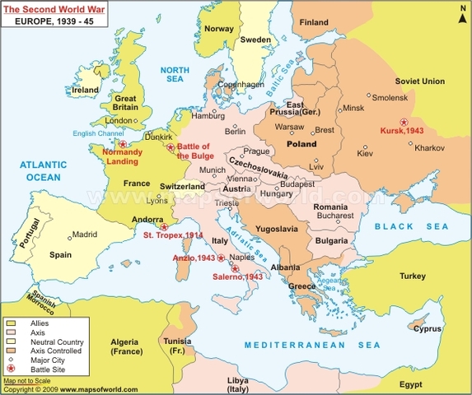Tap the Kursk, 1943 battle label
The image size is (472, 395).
point(403,131)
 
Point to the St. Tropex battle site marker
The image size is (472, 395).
point(163,226)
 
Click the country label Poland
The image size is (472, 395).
point(301,143)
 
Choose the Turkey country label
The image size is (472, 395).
point(413,276)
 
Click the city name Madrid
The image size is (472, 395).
point(85,234)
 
